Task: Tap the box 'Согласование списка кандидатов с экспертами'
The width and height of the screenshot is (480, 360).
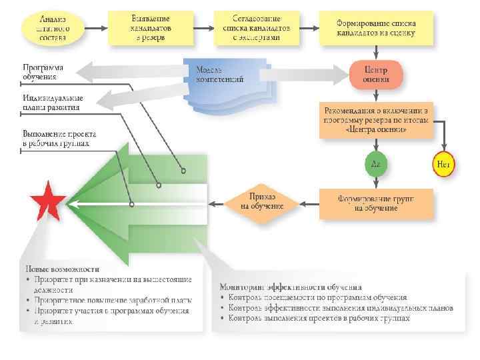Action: pyautogui.click(x=257, y=29)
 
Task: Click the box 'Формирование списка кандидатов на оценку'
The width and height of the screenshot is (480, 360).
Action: pyautogui.click(x=376, y=29)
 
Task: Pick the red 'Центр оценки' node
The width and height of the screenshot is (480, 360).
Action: pyautogui.click(x=376, y=74)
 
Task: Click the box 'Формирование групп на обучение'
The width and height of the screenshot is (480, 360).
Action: pyautogui.click(x=376, y=203)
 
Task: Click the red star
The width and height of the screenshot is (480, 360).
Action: pyautogui.click(x=47, y=201)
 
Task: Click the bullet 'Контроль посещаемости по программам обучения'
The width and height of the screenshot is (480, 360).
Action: pyautogui.click(x=317, y=297)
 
